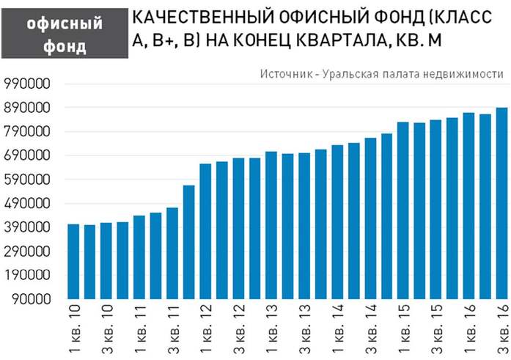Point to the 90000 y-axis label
pyautogui.click(x=29, y=300)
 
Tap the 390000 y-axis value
pyautogui.click(x=26, y=228)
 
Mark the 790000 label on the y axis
pyautogui.click(x=26, y=132)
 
